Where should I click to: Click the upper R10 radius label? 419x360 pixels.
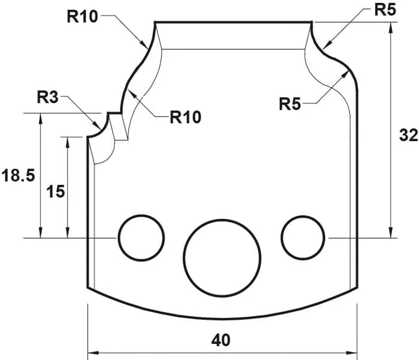click(x=82, y=16)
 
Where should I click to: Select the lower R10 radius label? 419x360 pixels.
click(x=185, y=116)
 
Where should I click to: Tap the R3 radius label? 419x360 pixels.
click(x=47, y=96)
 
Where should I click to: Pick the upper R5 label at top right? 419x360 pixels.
click(x=385, y=10)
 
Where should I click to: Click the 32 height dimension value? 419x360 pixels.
click(x=408, y=136)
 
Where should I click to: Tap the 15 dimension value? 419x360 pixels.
click(x=56, y=191)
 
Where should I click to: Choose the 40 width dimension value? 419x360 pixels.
click(x=221, y=340)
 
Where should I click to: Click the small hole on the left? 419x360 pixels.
click(x=141, y=238)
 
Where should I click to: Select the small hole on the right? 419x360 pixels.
click(x=303, y=238)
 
